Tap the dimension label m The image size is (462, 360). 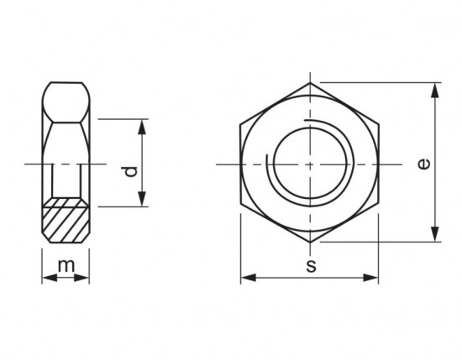66,266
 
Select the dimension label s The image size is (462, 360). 310,267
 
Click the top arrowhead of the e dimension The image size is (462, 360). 435,88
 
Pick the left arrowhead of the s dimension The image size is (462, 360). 246,278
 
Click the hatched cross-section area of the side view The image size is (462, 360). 66,222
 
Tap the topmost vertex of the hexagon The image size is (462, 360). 310,82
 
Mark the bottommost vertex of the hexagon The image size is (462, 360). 310,243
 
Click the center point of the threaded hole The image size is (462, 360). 310,163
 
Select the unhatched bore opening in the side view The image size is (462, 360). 66,180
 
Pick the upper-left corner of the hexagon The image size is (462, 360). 241,123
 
